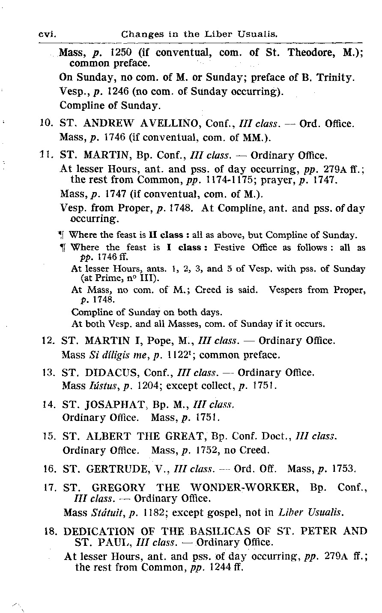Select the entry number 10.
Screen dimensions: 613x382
pyautogui.click(x=45, y=124)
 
